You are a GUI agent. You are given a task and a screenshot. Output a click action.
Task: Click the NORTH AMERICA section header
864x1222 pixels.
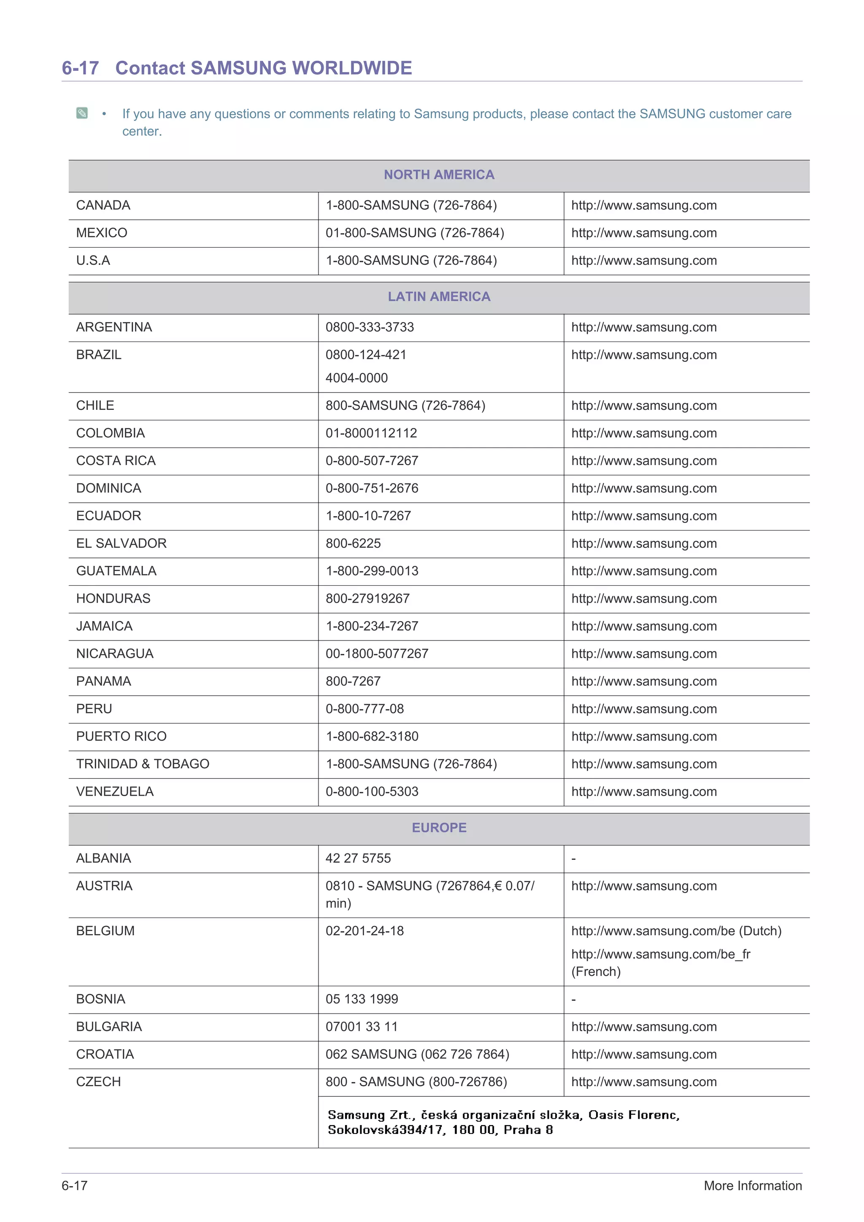[x=439, y=175]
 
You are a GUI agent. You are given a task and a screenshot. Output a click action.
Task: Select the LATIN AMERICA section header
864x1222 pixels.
[x=439, y=296]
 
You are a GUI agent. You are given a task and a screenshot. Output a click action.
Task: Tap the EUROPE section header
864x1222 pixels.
[x=439, y=828]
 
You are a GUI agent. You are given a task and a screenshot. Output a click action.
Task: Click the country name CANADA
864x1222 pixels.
[x=103, y=205]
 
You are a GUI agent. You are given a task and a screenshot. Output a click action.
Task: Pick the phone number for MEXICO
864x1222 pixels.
[x=415, y=233]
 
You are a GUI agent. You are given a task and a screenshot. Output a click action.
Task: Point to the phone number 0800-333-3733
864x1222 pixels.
[x=370, y=327]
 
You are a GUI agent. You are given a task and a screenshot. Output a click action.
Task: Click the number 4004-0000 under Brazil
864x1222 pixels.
[x=356, y=378]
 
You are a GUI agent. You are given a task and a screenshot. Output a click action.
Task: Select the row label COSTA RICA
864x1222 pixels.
[x=116, y=461]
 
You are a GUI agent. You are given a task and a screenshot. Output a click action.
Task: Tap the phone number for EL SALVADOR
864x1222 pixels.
[x=353, y=544]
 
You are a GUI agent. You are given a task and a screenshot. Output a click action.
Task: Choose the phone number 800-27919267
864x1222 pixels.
[x=367, y=599]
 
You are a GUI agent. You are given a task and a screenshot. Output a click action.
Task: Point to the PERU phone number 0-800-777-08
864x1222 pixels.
[x=364, y=709]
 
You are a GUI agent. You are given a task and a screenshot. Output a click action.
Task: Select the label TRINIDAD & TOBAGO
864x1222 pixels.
[x=143, y=764]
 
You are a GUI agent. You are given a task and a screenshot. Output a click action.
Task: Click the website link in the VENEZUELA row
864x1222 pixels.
[x=644, y=792]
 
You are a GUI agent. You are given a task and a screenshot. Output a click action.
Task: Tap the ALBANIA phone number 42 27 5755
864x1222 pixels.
[x=358, y=859]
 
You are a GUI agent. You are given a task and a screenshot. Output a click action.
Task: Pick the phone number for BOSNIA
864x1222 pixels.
[x=362, y=999]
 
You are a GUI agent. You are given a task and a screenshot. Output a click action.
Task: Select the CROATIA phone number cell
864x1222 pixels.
[x=417, y=1054]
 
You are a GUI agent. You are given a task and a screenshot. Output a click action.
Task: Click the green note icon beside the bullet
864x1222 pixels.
[x=82, y=113]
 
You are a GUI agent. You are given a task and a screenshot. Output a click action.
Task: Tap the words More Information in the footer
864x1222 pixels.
[x=752, y=1186]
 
